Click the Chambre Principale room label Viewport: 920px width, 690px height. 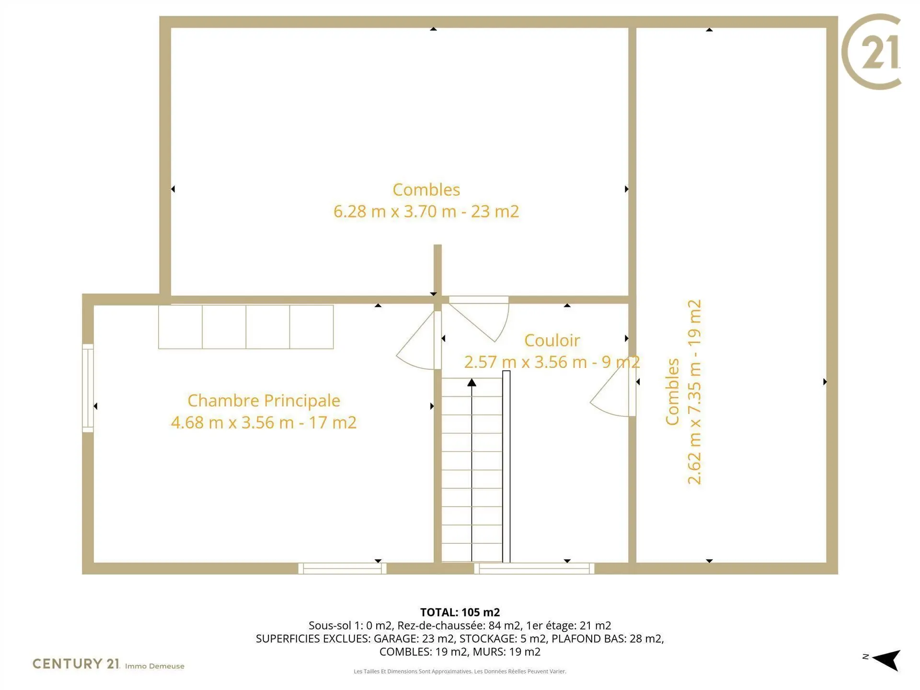click(x=264, y=401)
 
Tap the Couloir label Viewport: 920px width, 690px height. click(x=552, y=340)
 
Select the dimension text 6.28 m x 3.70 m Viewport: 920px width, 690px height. click(x=395, y=211)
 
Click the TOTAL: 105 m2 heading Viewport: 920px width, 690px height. click(x=460, y=612)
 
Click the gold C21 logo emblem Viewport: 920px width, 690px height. click(x=871, y=52)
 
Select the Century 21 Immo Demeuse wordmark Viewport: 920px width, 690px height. click(x=108, y=664)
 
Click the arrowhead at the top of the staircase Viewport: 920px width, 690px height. click(x=471, y=382)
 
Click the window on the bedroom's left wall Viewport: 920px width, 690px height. click(x=88, y=388)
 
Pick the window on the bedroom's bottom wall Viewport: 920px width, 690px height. click(x=342, y=569)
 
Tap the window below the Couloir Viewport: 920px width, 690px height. click(x=534, y=569)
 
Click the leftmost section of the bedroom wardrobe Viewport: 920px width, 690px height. click(x=180, y=327)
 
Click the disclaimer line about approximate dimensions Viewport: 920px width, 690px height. click(x=460, y=671)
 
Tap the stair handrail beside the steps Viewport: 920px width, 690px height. click(x=506, y=467)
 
